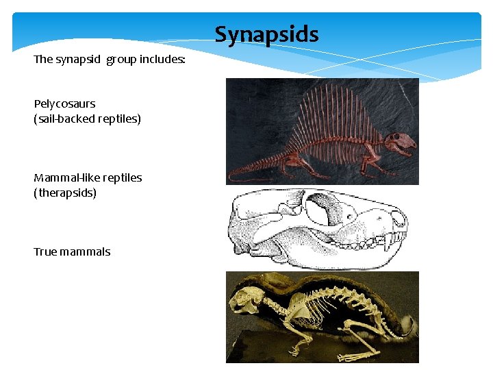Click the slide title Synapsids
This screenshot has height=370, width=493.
point(266,34)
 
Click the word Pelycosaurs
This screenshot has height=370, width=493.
point(64,104)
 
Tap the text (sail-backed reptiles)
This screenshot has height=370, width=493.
point(87,119)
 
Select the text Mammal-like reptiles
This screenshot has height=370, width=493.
point(88,178)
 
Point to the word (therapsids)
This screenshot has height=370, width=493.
point(65,193)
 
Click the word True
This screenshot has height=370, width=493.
point(45,252)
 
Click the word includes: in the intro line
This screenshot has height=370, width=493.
point(162,60)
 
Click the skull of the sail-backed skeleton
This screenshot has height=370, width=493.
point(399,143)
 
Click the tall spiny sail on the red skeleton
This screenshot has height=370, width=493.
point(329,116)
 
